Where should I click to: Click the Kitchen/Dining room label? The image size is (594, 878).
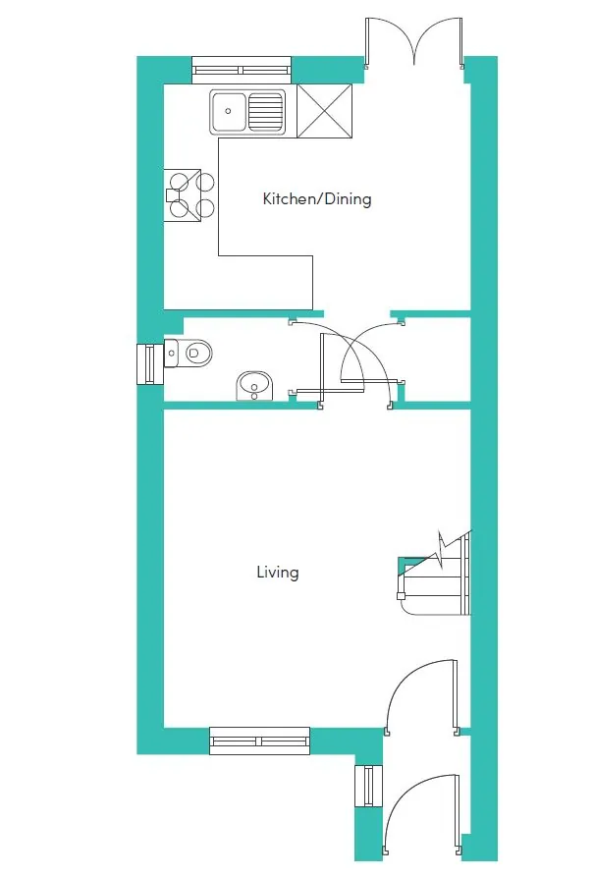(x=317, y=198)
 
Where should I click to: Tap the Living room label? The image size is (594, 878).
(x=278, y=573)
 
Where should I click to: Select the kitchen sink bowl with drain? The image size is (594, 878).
(x=229, y=111)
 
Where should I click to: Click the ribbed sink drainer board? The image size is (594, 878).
(x=265, y=111)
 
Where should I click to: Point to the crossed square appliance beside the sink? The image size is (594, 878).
(x=325, y=111)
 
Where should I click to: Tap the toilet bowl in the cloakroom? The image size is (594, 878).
(x=195, y=353)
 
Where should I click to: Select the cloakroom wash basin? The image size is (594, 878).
(x=254, y=386)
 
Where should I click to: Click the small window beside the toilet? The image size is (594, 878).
(x=150, y=364)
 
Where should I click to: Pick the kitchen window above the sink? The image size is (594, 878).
(x=242, y=70)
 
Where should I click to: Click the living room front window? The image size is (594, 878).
(x=260, y=741)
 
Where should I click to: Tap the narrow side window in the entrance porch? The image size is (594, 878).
(x=368, y=786)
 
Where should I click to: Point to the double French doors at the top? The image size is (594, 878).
(x=414, y=42)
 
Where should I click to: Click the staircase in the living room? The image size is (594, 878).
(x=435, y=574)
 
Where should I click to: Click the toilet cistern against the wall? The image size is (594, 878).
(x=171, y=353)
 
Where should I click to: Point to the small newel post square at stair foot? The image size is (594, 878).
(x=401, y=596)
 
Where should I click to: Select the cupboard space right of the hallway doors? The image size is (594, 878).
(x=438, y=359)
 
